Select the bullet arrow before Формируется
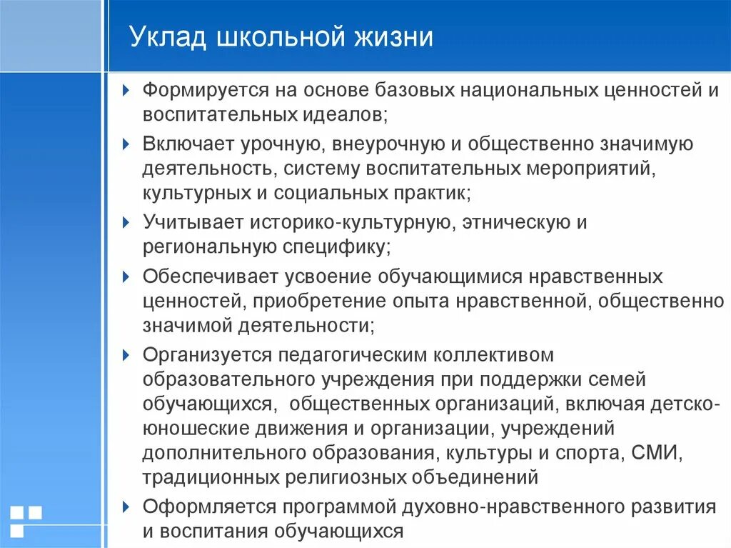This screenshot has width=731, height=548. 126,91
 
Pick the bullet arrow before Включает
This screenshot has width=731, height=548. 126,144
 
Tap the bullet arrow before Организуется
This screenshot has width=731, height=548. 126,354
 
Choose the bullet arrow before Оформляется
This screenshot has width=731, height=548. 126,507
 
